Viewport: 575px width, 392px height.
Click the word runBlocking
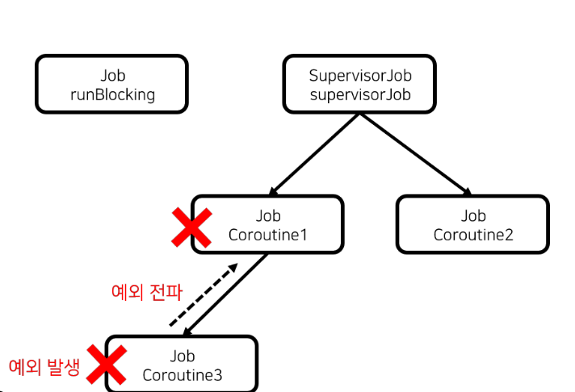[112, 95]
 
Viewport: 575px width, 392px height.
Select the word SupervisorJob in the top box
[360, 76]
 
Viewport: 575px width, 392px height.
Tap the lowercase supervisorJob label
[360, 95]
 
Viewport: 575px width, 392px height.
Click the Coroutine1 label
[268, 236]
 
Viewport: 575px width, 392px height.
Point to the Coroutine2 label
[473, 236]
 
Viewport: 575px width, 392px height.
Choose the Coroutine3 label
[183, 375]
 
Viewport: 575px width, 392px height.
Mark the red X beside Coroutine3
[107, 365]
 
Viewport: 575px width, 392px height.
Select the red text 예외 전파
[146, 291]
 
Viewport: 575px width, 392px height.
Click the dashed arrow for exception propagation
[202, 295]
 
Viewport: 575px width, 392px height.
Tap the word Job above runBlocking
[113, 76]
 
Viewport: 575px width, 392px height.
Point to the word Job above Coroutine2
[473, 216]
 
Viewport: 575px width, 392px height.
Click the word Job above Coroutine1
[268, 216]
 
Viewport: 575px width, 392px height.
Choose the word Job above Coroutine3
[183, 356]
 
